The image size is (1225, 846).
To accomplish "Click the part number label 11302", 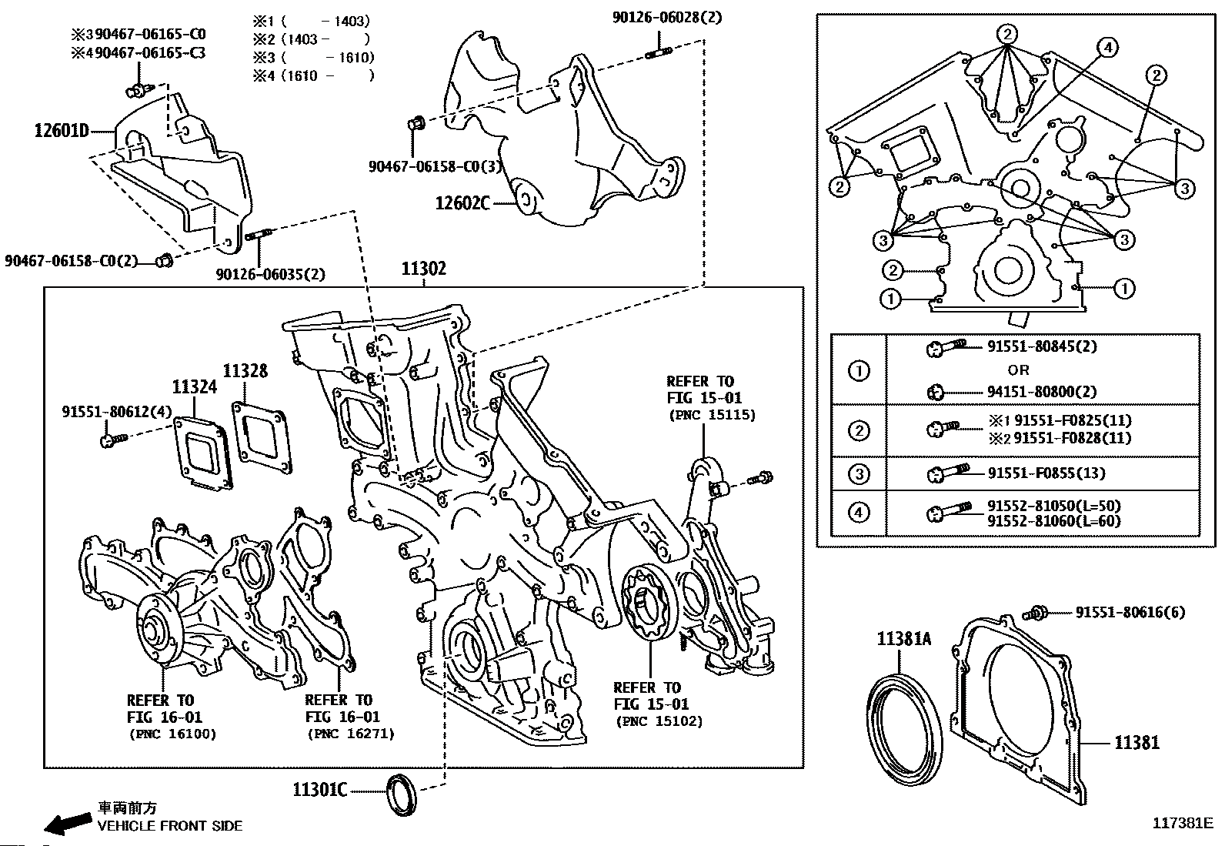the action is click(x=424, y=268).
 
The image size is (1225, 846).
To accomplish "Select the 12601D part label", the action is click(x=62, y=131).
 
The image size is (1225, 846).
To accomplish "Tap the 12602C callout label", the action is click(x=462, y=203).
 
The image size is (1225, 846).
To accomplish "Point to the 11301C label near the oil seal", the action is click(x=320, y=790).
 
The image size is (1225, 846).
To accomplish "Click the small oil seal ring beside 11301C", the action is click(x=401, y=794).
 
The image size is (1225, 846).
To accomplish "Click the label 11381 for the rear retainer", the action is click(x=1137, y=743).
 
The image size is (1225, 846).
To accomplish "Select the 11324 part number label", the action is click(x=195, y=387).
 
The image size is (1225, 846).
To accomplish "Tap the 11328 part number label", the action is click(x=245, y=371).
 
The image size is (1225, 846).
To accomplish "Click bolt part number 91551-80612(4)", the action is click(x=116, y=412).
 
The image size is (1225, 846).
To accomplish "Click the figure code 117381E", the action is click(x=1183, y=822).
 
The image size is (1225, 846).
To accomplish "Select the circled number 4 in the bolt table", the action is click(x=859, y=513).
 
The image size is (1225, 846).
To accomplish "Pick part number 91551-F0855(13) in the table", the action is click(x=1046, y=473).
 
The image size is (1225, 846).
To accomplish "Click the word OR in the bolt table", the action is click(x=1018, y=370).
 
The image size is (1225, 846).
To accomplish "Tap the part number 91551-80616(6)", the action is click(x=1130, y=612).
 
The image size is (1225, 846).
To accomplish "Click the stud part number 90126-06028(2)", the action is click(x=667, y=18).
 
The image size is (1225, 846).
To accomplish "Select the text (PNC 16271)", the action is click(x=351, y=734).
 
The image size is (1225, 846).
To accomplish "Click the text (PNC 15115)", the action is click(x=712, y=415).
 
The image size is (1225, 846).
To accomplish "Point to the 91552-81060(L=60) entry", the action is click(x=1054, y=520).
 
